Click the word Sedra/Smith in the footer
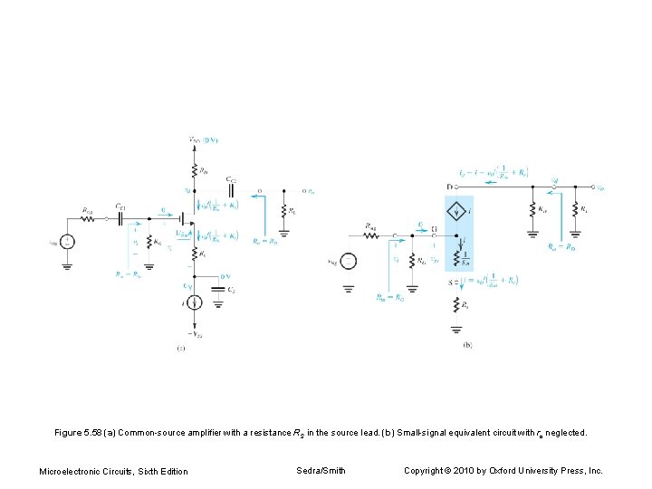click(321, 470)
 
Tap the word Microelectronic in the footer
click(74, 471)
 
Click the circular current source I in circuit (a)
click(193, 301)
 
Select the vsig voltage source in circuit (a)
click(68, 242)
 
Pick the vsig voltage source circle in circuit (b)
click(349, 262)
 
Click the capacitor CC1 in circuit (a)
click(120, 217)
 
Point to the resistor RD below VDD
click(193, 168)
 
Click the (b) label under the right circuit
click(467, 345)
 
